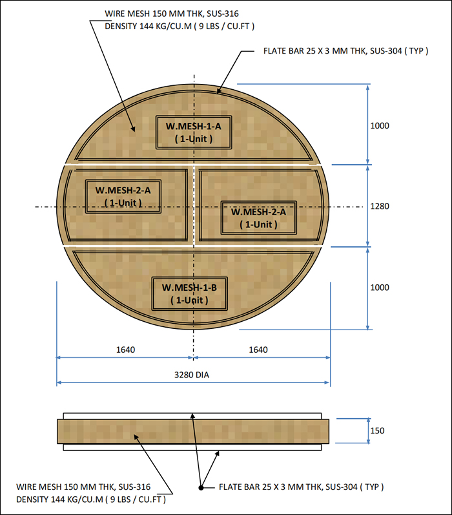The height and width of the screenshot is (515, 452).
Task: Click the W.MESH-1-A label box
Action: click(193, 132)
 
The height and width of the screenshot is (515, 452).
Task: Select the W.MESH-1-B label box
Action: click(189, 293)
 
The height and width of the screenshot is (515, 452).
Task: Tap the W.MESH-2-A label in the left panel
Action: click(123, 196)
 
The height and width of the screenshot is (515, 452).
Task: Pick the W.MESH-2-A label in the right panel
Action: click(258, 218)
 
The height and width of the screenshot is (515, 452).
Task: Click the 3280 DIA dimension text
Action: click(193, 374)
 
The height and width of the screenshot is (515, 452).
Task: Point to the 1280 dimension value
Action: click(380, 206)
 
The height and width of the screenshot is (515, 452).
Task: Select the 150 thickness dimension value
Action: click(377, 430)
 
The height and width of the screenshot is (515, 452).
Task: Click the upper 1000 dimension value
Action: click(380, 125)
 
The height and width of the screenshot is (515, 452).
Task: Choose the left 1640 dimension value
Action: click(125, 350)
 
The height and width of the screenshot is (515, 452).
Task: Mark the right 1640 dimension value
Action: click(258, 350)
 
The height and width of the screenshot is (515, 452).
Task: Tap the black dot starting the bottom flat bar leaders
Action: click(201, 487)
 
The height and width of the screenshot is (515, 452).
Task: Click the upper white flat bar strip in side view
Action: click(193, 415)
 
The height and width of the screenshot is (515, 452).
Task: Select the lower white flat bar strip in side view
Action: click(193, 447)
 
